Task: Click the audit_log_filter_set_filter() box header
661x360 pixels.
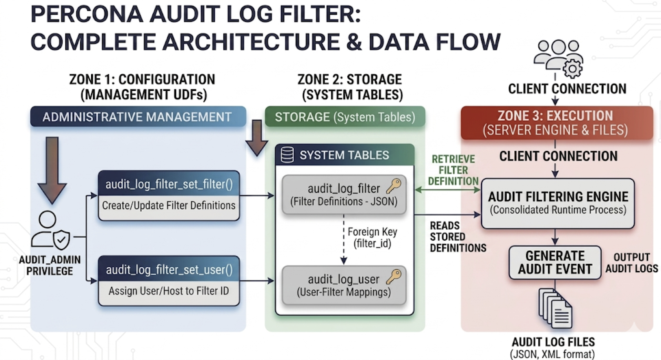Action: click(169, 184)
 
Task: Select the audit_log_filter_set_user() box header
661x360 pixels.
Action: click(169, 270)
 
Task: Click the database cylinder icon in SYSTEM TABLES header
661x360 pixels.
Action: click(287, 155)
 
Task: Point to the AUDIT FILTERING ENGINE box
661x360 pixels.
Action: click(558, 203)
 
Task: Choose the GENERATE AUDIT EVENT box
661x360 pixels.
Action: click(555, 263)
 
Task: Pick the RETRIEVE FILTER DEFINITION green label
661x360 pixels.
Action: click(453, 170)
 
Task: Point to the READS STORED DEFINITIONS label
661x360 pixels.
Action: click(458, 237)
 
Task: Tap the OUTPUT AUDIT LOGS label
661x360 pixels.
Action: click(631, 263)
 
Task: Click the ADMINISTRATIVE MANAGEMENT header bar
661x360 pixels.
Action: click(138, 117)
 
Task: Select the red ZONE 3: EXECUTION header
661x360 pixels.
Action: click(556, 123)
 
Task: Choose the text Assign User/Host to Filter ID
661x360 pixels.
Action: click(169, 291)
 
